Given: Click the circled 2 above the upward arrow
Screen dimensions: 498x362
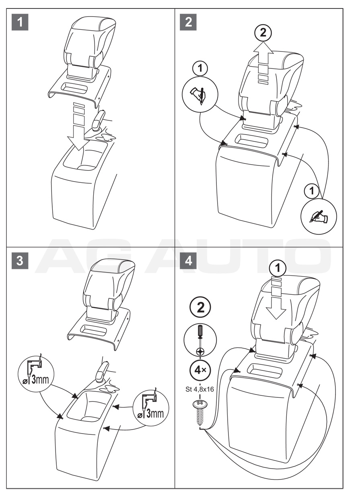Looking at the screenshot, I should [x=263, y=33].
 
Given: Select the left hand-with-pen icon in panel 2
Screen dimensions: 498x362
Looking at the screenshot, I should [x=200, y=95].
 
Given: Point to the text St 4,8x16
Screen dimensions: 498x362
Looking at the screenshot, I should [x=200, y=390].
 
